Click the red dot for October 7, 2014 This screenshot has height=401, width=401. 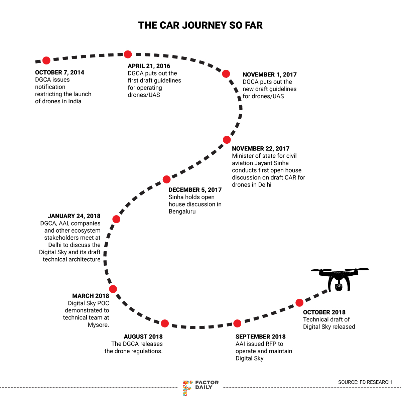tap(46, 60)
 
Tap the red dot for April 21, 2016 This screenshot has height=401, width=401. tap(128, 54)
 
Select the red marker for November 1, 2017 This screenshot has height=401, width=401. tap(226, 74)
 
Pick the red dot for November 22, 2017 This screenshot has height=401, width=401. tap(227, 140)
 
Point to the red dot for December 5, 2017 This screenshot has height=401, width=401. tap(166, 179)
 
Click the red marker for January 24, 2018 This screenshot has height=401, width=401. tap(116, 219)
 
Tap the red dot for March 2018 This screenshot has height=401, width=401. tap(113, 289)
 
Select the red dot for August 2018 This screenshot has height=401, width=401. tap(165, 323)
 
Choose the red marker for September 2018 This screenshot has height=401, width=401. tap(237, 323)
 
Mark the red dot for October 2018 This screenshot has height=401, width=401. tap(299, 303)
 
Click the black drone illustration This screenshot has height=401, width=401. tap(339, 279)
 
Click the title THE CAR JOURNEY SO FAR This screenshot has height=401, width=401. tap(200, 25)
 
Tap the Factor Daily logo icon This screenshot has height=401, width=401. tap(187, 387)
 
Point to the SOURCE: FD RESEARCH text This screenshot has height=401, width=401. tap(365, 382)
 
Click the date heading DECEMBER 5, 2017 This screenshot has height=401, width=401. tap(195, 190)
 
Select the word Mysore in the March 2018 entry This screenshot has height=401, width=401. tap(98, 325)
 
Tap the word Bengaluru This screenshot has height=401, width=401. tap(182, 212)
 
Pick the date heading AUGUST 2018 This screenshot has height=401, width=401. tap(143, 337)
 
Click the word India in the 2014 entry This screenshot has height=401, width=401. tap(75, 101)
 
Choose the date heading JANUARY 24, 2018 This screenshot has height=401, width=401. tap(74, 216)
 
